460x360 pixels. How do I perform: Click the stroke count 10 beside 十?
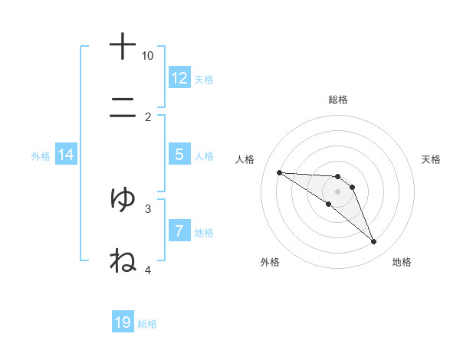tap(148, 56)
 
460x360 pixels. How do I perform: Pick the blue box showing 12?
tap(179, 77)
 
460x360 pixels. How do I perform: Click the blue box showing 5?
tap(179, 155)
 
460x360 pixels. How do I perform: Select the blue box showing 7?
tap(179, 231)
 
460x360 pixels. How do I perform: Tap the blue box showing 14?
tap(66, 155)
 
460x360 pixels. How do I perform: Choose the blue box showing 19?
tap(123, 322)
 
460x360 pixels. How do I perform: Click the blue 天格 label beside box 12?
tap(203, 79)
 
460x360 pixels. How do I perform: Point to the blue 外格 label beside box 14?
tap(41, 156)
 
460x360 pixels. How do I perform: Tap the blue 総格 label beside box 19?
tap(147, 324)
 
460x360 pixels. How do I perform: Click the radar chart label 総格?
tap(337, 100)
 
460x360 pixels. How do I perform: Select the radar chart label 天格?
tap(431, 159)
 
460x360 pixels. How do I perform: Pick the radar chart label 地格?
tap(402, 262)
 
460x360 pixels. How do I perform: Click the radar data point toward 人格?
tap(279, 172)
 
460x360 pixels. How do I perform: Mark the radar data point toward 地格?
tap(373, 242)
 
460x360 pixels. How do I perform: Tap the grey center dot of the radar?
tap(337, 191)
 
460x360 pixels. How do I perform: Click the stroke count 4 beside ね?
tap(148, 270)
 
